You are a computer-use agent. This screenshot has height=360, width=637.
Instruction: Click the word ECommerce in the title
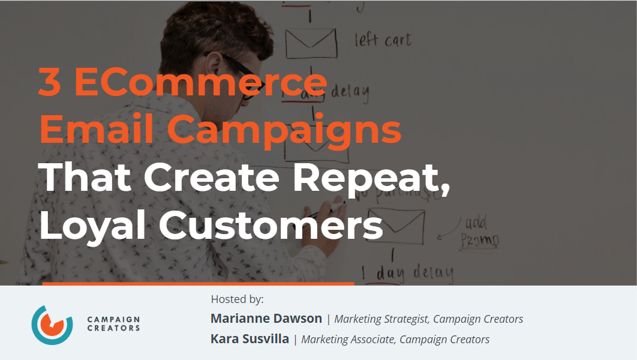click(x=202, y=82)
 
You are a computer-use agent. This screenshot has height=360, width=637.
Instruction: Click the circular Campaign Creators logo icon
click(x=52, y=324)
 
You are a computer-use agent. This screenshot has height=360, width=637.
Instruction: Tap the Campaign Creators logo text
click(x=113, y=324)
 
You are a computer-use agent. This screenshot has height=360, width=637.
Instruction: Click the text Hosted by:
click(x=237, y=299)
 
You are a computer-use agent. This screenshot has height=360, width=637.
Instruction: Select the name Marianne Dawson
click(x=266, y=319)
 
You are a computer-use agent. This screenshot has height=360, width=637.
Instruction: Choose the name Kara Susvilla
click(x=250, y=339)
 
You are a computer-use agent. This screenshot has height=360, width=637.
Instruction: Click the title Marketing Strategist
click(x=381, y=319)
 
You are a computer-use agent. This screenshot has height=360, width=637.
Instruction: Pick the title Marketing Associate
click(x=348, y=340)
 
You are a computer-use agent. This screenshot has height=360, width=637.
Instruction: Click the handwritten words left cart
click(x=383, y=41)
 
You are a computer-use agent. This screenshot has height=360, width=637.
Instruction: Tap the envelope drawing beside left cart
click(x=310, y=41)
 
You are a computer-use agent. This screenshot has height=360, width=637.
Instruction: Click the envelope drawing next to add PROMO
click(x=396, y=223)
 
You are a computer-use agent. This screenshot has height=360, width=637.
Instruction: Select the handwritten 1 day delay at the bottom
click(x=414, y=273)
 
